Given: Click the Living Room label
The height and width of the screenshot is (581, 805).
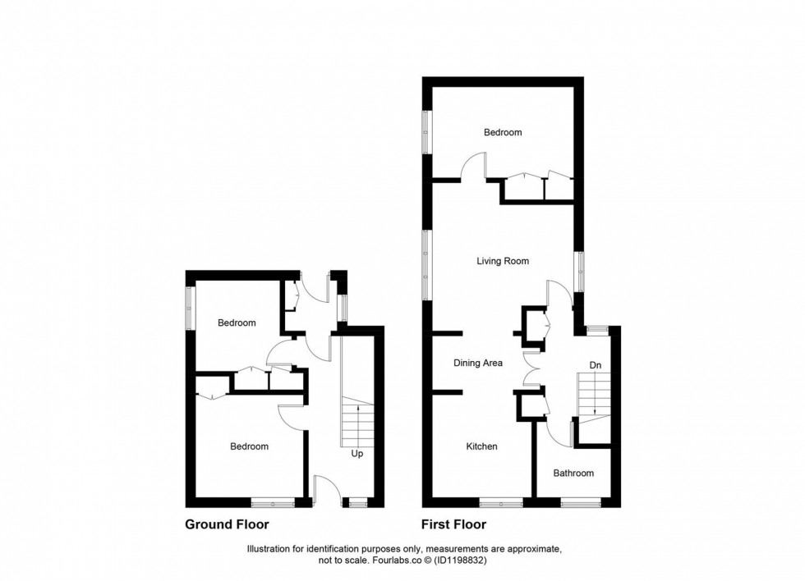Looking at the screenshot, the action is pyautogui.click(x=503, y=261).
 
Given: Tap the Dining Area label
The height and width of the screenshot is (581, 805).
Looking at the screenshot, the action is pyautogui.click(x=478, y=363).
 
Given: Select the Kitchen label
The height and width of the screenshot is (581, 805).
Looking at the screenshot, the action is pyautogui.click(x=481, y=446).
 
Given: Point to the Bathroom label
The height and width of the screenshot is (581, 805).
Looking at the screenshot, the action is pyautogui.click(x=573, y=473).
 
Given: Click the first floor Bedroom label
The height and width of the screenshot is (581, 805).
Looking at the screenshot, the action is pyautogui.click(x=503, y=132).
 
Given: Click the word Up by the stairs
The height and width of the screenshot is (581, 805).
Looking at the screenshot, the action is pyautogui.click(x=357, y=454).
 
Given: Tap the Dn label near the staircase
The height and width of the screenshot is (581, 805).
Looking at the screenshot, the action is pyautogui.click(x=595, y=366).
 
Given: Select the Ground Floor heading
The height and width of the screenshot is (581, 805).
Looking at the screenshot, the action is pyautogui.click(x=227, y=524).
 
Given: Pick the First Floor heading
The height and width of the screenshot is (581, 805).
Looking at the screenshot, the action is pyautogui.click(x=453, y=524).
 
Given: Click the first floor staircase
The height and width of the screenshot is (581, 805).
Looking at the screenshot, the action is pyautogui.click(x=594, y=396).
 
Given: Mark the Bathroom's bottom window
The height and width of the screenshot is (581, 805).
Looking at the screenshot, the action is pyautogui.click(x=581, y=503).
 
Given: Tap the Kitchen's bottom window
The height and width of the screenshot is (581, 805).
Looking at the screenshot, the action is pyautogui.click(x=501, y=503).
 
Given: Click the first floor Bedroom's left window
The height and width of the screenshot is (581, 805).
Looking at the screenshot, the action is pyautogui.click(x=426, y=132).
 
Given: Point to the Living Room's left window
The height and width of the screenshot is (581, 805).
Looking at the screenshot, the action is pyautogui.click(x=426, y=264).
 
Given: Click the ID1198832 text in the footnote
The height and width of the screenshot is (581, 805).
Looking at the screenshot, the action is pyautogui.click(x=458, y=560).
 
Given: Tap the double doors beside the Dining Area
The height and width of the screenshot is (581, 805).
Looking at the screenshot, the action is pyautogui.click(x=531, y=368).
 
